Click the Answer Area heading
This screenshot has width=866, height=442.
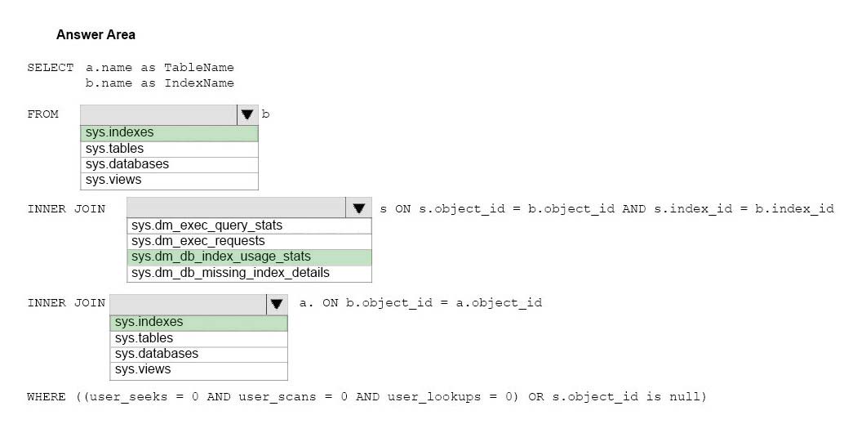[95, 35]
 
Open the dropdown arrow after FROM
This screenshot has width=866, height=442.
[246, 114]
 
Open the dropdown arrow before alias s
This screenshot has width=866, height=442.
[359, 208]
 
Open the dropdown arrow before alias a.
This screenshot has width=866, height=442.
[277, 304]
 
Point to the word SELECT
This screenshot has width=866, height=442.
[51, 68]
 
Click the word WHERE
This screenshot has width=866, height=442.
[46, 397]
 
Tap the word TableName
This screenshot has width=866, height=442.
[199, 68]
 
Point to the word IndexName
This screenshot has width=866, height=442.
[199, 83]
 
